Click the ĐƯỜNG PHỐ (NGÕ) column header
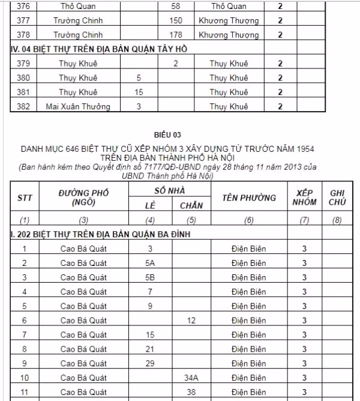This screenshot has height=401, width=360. point(83,197)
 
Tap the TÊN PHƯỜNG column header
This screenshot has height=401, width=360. point(249,197)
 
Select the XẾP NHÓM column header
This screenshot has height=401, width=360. point(304,197)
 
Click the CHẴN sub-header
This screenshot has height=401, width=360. point(191,205)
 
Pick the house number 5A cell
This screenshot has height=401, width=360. point(151,263)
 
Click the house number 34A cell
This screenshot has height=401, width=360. point(191,378)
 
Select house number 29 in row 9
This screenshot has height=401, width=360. point(151,363)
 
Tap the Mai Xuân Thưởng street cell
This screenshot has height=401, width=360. point(78,107)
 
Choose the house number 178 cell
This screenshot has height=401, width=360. point(176,35)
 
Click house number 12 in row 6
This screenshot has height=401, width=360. point(191,321)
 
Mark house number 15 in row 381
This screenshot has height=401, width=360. point(139,92)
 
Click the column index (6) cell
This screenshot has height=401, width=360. point(249,220)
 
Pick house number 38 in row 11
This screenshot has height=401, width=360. point(191,392)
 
